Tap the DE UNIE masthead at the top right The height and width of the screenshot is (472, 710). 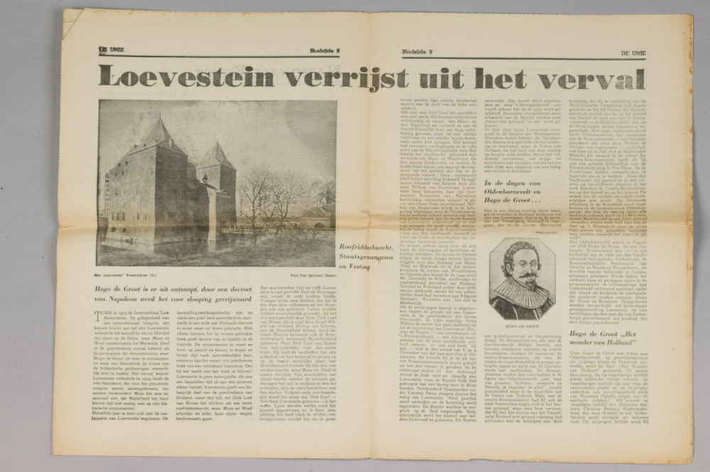[633, 52]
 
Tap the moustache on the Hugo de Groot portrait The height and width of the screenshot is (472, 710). [523, 275]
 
